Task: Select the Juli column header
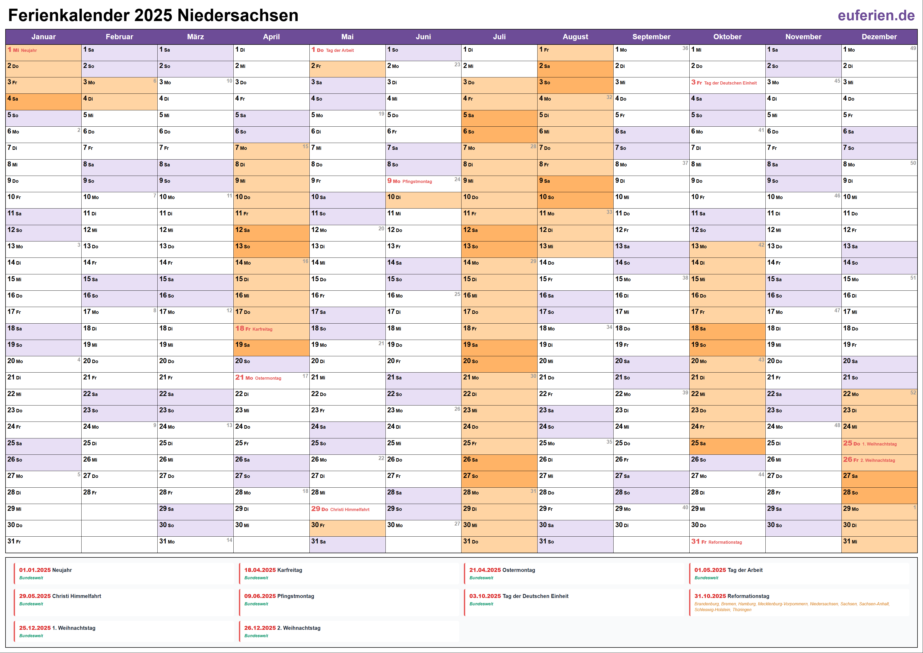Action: (x=499, y=37)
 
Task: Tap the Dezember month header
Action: (x=879, y=37)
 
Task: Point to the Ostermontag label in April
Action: (x=268, y=378)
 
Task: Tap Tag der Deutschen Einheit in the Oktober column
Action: (x=730, y=83)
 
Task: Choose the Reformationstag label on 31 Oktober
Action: (x=725, y=542)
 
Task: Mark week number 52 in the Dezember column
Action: (x=913, y=393)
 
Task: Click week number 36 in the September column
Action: (x=685, y=48)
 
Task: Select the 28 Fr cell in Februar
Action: (x=119, y=492)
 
